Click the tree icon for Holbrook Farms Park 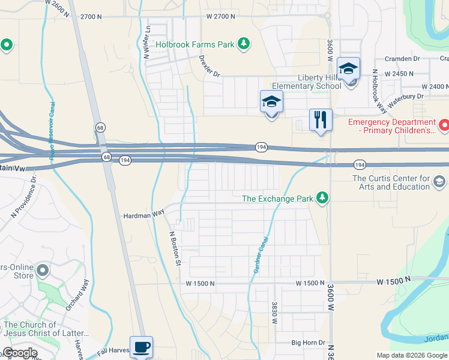(243, 44)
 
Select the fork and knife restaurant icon (321, 119)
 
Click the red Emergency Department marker (444, 125)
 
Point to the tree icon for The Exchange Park (323, 198)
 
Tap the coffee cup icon (141, 347)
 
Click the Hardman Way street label (143, 215)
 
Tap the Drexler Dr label (209, 66)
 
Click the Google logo (19, 353)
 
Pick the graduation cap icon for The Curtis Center (439, 181)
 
